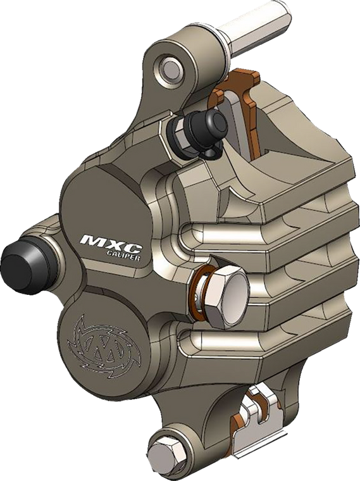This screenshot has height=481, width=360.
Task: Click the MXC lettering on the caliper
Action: (112, 242)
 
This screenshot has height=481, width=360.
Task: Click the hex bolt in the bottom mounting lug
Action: (168, 452)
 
